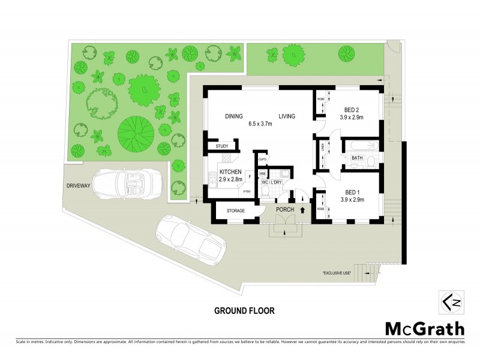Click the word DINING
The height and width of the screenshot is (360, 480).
coord(233,116)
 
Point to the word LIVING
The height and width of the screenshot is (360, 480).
coord(286,116)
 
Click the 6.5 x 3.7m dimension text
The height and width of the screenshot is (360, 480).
coord(260,125)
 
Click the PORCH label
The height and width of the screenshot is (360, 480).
coord(284,209)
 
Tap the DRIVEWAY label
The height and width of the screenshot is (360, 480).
coord(78,186)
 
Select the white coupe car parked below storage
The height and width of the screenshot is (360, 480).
coord(191,239)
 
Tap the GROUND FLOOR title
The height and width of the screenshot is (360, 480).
coord(244,311)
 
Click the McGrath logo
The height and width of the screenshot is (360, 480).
coord(424,328)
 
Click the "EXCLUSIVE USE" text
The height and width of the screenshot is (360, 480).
coord(336,272)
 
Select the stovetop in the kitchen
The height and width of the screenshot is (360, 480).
coord(226,158)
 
